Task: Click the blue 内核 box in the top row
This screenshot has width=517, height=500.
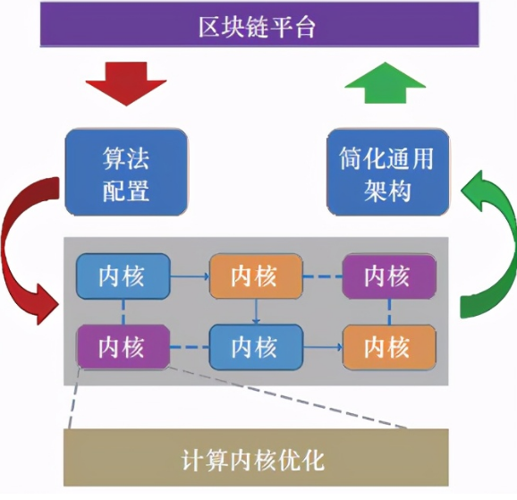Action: click(122, 275)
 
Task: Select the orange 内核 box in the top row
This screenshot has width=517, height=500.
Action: click(255, 276)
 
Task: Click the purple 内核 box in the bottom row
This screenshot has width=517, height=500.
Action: click(122, 346)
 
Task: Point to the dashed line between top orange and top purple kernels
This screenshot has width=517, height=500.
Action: click(322, 276)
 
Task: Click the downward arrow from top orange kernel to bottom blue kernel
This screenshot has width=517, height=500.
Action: click(256, 311)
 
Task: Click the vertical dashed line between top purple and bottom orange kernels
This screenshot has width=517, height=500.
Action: click(389, 311)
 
